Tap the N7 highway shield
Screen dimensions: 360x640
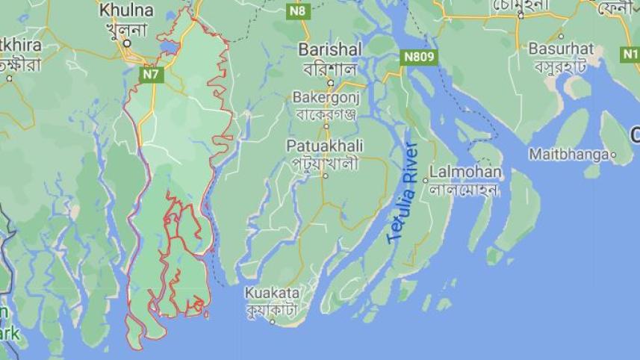pos(152,74)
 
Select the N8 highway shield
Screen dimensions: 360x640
pos(298,10)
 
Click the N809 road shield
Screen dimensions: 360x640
pos(417,57)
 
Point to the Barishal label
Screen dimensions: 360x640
pos(330,49)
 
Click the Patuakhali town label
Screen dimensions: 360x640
pos(323,146)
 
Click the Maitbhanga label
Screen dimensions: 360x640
pos(568,155)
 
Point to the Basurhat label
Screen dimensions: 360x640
pos(561,49)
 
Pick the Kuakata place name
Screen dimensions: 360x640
pos(272,293)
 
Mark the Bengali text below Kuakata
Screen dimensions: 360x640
pos(271,308)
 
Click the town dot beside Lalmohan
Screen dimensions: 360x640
pos(426,180)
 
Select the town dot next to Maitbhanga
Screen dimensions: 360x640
pos(613,155)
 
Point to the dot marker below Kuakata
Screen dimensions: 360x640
pos(273,322)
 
